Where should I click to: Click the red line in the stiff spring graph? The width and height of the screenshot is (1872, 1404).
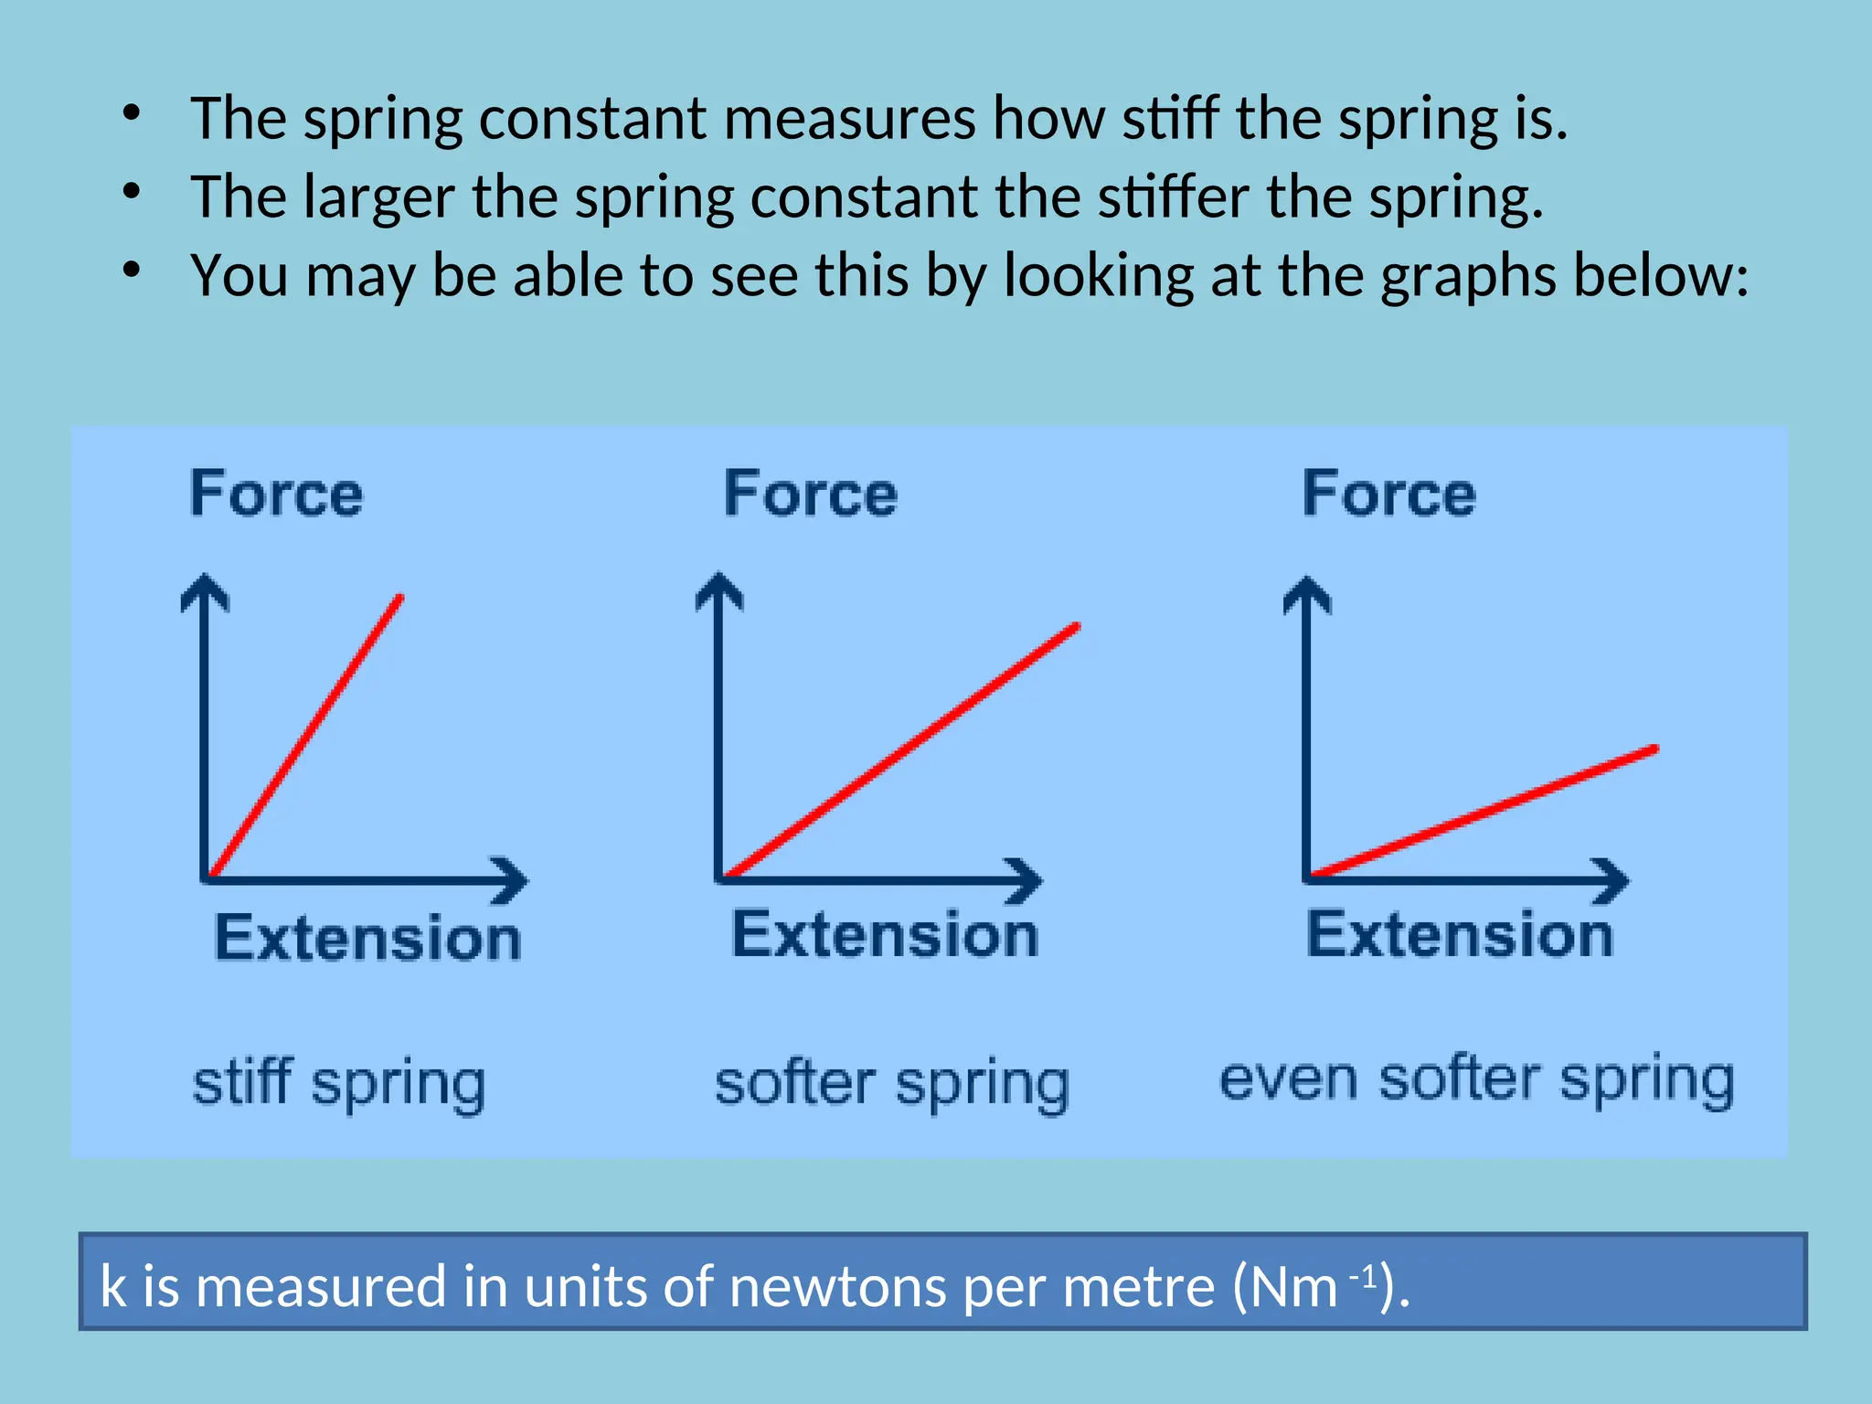point(305,737)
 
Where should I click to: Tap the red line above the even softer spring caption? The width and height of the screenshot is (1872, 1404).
point(1483,812)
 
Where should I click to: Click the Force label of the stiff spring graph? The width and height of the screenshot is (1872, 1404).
point(276,495)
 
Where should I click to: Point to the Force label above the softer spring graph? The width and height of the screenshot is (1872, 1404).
point(810,495)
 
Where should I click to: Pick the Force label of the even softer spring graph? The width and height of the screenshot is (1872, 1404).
point(1388,495)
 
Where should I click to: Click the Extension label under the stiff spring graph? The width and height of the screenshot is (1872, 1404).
point(367,938)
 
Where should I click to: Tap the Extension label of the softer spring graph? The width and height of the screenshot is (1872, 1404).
point(885,935)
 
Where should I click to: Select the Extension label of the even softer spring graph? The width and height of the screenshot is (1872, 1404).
point(1460,935)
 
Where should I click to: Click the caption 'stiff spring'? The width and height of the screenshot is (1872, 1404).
point(338,1084)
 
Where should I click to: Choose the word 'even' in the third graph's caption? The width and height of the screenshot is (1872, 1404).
point(1289,1080)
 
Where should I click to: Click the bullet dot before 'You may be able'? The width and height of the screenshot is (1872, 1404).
point(133,270)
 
